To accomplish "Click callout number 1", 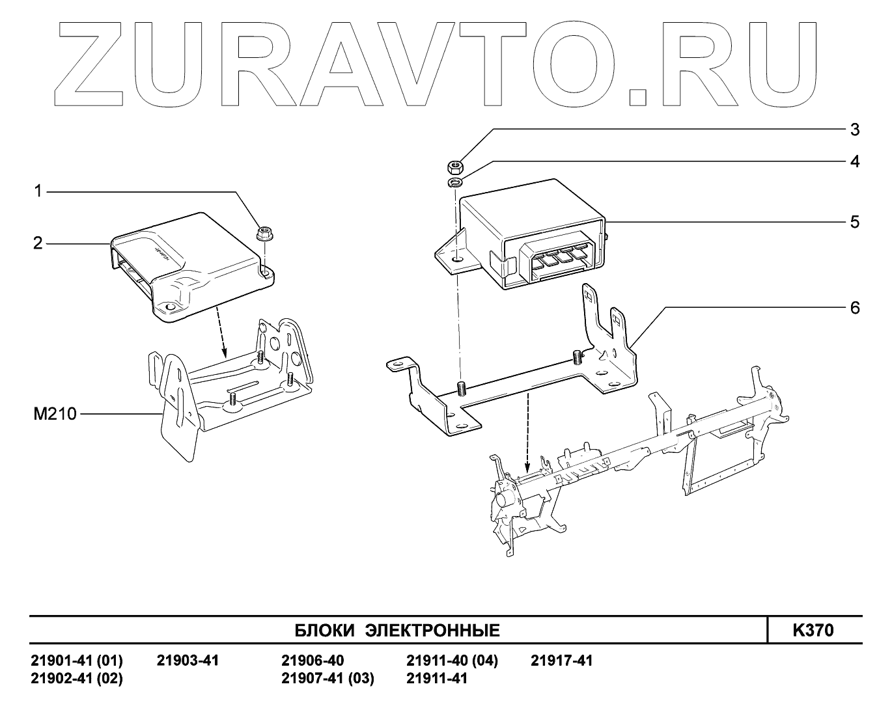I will [x=38, y=191].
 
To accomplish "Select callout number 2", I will [x=38, y=243].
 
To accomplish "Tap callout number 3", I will [x=855, y=130].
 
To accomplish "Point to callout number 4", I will [x=855, y=161].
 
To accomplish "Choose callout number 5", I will [x=855, y=222].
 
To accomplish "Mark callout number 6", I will [x=855, y=307].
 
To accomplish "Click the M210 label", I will [x=55, y=413].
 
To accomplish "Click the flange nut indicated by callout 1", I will [x=264, y=234].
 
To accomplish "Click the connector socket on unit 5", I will [x=559, y=262].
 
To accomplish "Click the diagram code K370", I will [x=813, y=630].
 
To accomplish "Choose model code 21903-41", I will [x=188, y=661].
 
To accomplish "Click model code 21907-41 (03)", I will [x=328, y=679].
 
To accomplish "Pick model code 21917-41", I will [x=562, y=661].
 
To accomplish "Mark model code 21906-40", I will [x=313, y=661].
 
